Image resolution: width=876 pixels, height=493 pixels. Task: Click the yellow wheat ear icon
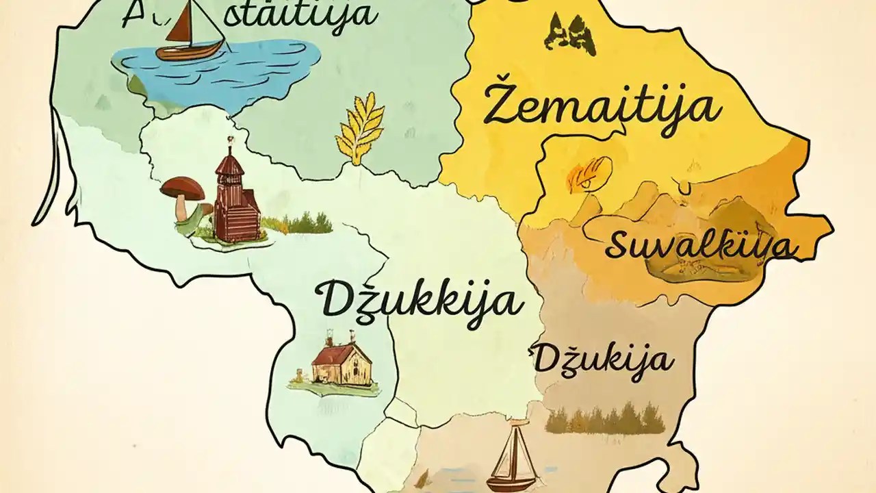[360, 127]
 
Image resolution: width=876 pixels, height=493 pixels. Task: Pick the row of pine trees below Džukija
[605, 418]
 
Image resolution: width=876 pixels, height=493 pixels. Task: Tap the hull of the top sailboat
[190, 50]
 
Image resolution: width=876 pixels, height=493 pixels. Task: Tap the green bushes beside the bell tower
[301, 223]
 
